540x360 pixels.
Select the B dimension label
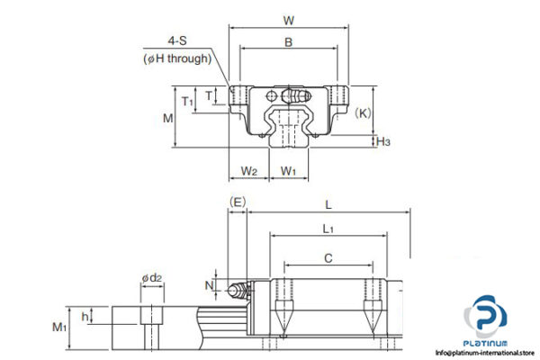pyautogui.click(x=288, y=41)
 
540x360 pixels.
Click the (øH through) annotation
pyautogui.click(x=177, y=58)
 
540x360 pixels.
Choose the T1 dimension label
pyautogui.click(x=187, y=101)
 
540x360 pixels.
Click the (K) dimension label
pyautogui.click(x=364, y=112)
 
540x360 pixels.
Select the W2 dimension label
pyautogui.click(x=250, y=171)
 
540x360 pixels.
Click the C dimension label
pyautogui.click(x=328, y=256)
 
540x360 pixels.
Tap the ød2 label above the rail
pyautogui.click(x=151, y=278)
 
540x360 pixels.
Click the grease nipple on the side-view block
pyautogui.click(x=238, y=290)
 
